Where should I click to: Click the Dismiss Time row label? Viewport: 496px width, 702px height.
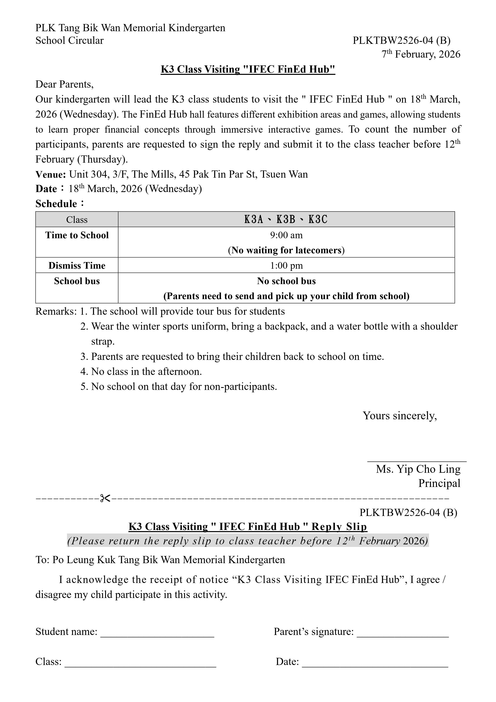(x=77, y=265)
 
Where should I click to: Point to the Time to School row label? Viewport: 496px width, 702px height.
(x=77, y=235)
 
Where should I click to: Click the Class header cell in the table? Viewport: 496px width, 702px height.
(x=77, y=219)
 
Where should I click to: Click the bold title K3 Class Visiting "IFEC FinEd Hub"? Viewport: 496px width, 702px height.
(x=248, y=69)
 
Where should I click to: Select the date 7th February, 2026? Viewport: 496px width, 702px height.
(x=421, y=54)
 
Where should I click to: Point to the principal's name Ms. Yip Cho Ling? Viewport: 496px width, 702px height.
(x=418, y=469)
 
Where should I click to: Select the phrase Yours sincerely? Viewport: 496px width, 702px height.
(x=400, y=416)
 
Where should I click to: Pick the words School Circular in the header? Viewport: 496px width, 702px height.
(x=69, y=40)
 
